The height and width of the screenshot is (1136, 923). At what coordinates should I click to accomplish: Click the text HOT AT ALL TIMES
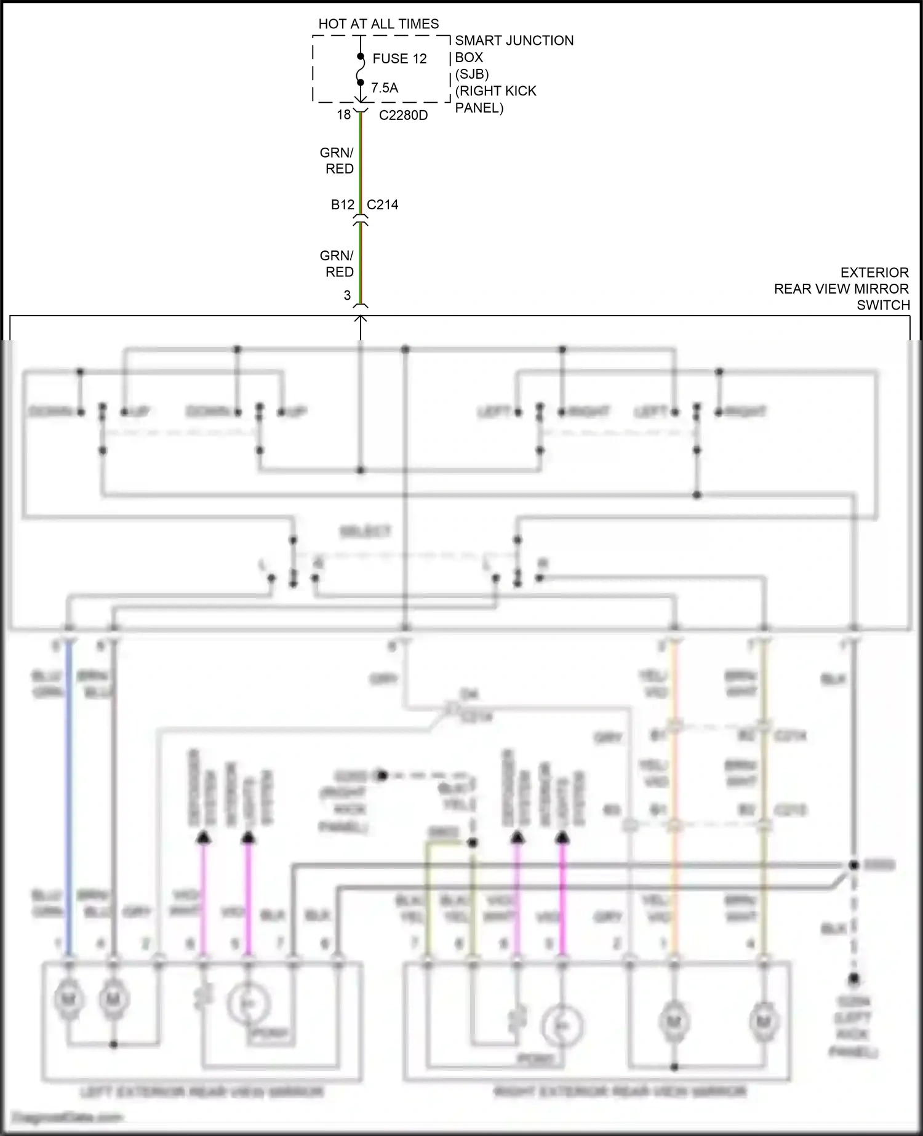click(x=378, y=24)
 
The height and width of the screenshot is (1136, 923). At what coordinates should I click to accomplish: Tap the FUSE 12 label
click(x=399, y=59)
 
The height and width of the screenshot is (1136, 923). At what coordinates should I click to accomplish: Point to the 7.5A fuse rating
click(x=385, y=88)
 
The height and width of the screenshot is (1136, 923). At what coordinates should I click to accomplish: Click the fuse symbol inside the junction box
click(x=361, y=70)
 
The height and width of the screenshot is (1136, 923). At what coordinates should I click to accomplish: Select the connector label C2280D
click(x=403, y=116)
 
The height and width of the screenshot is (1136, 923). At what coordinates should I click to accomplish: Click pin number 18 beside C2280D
click(x=343, y=115)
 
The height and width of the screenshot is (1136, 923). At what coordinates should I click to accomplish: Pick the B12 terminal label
click(x=343, y=205)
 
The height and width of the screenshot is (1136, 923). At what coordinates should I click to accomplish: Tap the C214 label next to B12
click(x=382, y=205)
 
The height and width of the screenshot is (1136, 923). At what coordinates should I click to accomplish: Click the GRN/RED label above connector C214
click(x=337, y=161)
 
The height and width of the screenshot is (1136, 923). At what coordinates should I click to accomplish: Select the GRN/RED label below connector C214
click(x=337, y=263)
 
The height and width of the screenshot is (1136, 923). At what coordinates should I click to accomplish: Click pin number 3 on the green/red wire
click(x=347, y=295)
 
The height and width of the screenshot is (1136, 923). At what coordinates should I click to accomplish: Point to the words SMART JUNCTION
click(x=514, y=41)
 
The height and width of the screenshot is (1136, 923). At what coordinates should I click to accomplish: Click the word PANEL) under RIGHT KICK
click(x=479, y=108)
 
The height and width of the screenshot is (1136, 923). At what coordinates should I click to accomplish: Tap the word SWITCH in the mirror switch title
click(x=883, y=305)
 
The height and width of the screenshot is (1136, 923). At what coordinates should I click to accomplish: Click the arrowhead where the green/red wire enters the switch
click(x=361, y=319)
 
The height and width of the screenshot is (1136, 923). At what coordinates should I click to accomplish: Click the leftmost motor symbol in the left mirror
click(x=68, y=999)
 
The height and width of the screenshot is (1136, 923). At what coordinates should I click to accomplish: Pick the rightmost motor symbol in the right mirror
click(x=763, y=1022)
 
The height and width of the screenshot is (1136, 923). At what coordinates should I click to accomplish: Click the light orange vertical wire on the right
click(x=674, y=800)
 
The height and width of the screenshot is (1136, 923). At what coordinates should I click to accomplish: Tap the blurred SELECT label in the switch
click(x=365, y=531)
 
